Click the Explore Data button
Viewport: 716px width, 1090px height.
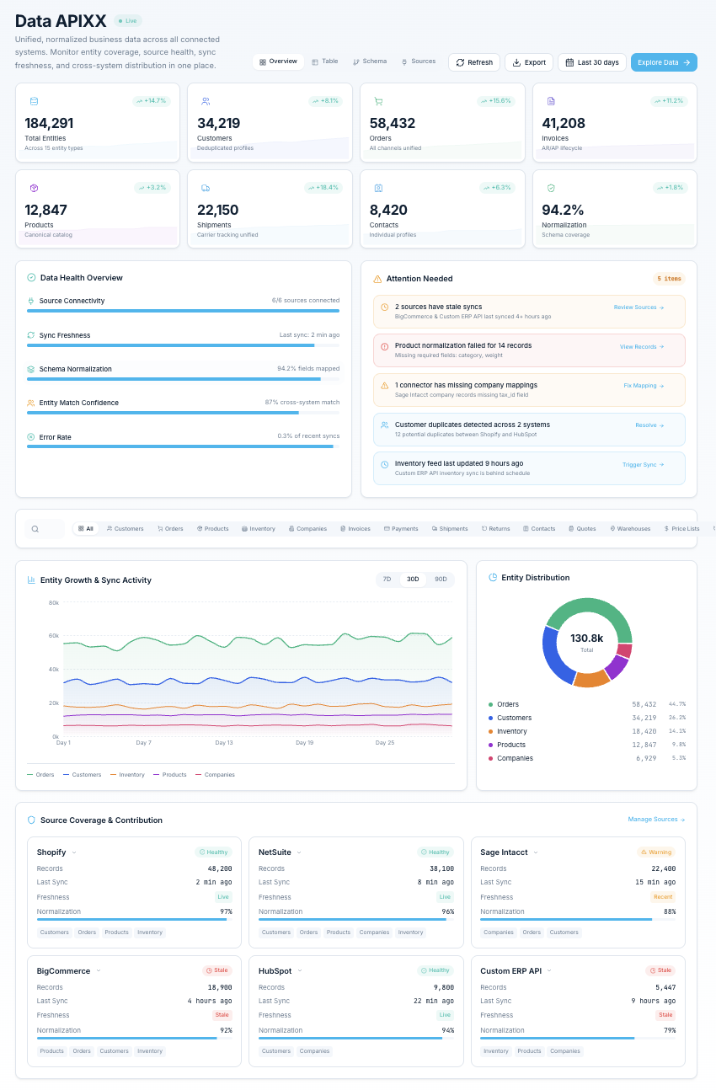(664, 62)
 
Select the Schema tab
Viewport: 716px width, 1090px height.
(371, 61)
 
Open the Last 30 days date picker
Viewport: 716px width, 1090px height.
(592, 62)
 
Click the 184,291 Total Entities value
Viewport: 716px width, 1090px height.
(49, 123)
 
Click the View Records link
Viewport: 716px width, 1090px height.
(642, 346)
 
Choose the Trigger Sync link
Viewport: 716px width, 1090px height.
(643, 464)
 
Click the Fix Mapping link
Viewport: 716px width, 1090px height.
(644, 386)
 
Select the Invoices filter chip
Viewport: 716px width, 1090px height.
(355, 529)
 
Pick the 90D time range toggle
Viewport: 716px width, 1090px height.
(441, 580)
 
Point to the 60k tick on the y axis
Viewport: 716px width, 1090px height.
(54, 636)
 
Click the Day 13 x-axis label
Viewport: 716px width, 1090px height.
(223, 743)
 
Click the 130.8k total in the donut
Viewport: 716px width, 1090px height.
(586, 639)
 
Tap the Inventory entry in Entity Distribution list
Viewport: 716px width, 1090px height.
(511, 731)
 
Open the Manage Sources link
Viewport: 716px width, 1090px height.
(656, 820)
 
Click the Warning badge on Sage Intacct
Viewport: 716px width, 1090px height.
(656, 852)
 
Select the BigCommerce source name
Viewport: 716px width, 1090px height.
(63, 971)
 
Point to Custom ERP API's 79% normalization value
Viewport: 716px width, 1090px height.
(669, 1030)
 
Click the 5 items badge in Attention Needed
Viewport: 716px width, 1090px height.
(669, 278)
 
